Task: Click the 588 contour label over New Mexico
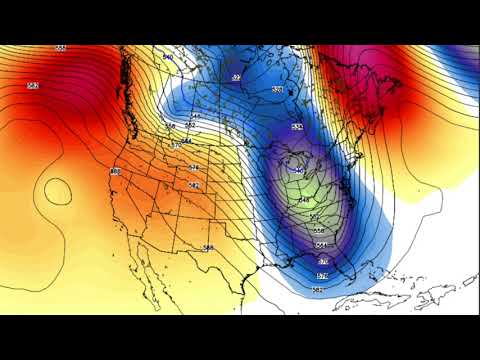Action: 208,247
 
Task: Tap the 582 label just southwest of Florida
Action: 317,289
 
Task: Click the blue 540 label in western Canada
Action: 167,57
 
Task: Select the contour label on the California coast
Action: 115,171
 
